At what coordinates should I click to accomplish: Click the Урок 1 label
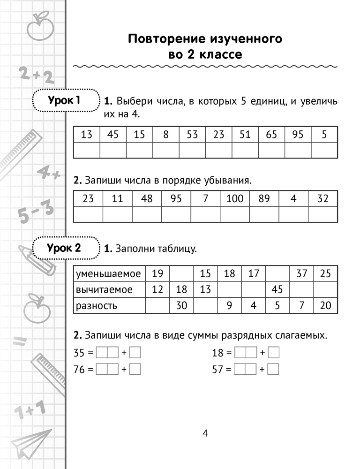click(64, 100)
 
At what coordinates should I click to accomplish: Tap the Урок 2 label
click(64, 249)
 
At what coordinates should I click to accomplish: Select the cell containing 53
click(192, 135)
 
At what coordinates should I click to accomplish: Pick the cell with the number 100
click(235, 198)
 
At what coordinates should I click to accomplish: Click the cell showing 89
click(264, 198)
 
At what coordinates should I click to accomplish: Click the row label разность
click(96, 306)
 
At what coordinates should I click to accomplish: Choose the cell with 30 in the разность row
click(181, 306)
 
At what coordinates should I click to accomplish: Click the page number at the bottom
click(205, 432)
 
